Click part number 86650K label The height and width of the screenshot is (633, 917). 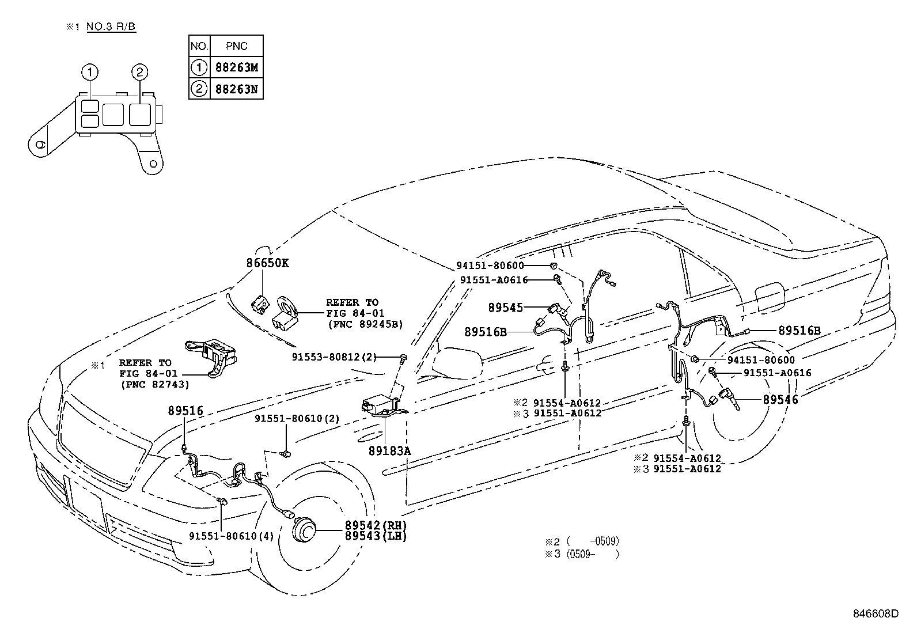click(x=267, y=263)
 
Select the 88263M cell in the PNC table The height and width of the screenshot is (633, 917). click(x=237, y=67)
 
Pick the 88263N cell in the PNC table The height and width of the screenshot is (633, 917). click(x=237, y=89)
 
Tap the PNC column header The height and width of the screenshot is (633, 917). click(x=237, y=46)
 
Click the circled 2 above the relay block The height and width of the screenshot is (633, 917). click(x=140, y=72)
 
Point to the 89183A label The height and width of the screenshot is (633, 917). click(x=389, y=451)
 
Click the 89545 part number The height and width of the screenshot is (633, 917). click(x=506, y=308)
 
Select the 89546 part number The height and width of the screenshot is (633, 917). click(x=780, y=399)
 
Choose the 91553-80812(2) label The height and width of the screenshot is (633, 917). click(x=334, y=357)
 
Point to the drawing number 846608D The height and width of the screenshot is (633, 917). click(x=875, y=613)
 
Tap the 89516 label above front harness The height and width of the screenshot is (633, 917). click(x=186, y=411)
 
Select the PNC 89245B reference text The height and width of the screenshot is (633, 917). click(x=365, y=324)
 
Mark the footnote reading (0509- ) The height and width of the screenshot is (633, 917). click(x=592, y=554)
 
